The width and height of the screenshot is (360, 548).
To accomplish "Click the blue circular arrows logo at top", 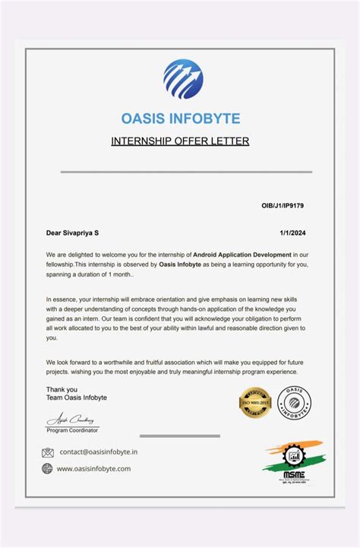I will [183, 81].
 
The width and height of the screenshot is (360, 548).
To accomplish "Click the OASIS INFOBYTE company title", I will [180, 119].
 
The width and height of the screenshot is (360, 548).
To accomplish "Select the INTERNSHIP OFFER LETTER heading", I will [180, 141].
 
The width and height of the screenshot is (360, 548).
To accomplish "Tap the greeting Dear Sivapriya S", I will [74, 233].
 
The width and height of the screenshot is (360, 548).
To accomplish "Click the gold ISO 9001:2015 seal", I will [255, 403].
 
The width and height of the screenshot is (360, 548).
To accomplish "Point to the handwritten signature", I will [70, 420].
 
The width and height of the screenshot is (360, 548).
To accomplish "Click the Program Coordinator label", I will [72, 431].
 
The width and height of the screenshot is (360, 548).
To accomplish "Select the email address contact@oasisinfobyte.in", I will [99, 452].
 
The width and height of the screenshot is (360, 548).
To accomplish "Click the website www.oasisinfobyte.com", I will [93, 469].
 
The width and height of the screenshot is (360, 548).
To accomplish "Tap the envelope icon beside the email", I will [48, 452].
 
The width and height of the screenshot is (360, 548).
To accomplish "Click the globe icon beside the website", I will [48, 469].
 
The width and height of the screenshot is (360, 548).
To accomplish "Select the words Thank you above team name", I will [62, 389].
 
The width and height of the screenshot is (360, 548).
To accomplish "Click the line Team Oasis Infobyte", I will [77, 398].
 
